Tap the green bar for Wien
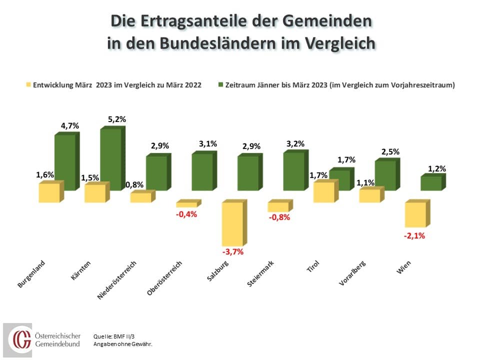pyautogui.click(x=431, y=183)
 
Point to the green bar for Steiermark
pyautogui.click(x=293, y=171)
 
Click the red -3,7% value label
pyautogui.click(x=233, y=251)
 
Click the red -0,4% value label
pyautogui.click(x=187, y=214)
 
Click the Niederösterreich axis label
pyautogui.click(x=117, y=279)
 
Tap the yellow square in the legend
pyautogui.click(x=28, y=85)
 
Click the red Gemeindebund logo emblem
pyautogui.click(x=21, y=340)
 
